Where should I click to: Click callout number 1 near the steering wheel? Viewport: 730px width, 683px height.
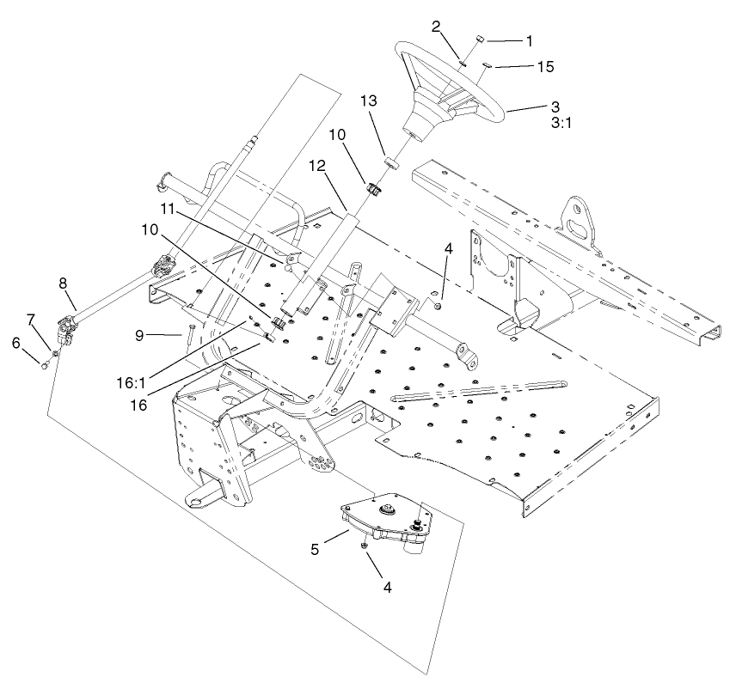(x=530, y=40)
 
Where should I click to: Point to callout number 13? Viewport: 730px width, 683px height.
(x=368, y=101)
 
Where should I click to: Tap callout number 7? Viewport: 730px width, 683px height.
(x=32, y=320)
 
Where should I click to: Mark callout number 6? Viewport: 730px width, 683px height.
(x=15, y=342)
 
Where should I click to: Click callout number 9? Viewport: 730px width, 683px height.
(x=163, y=337)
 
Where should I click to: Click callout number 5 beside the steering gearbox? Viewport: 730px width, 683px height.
(x=316, y=547)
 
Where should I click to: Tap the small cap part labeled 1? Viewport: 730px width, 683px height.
(x=482, y=40)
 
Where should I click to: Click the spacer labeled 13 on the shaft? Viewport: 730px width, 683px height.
(x=391, y=159)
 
